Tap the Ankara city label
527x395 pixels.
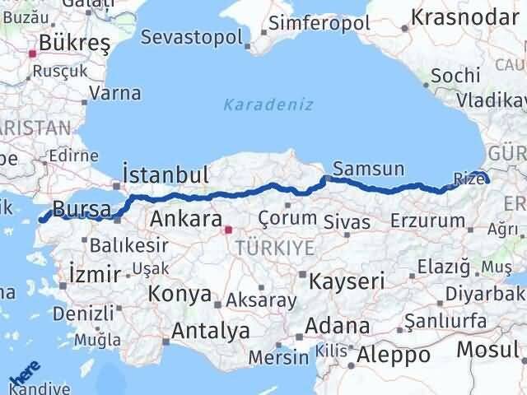click(185, 220)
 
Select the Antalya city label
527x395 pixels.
click(210, 331)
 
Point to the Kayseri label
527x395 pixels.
click(347, 281)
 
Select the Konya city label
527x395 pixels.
click(180, 295)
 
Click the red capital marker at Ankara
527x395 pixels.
click(230, 220)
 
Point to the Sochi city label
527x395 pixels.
click(456, 75)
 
